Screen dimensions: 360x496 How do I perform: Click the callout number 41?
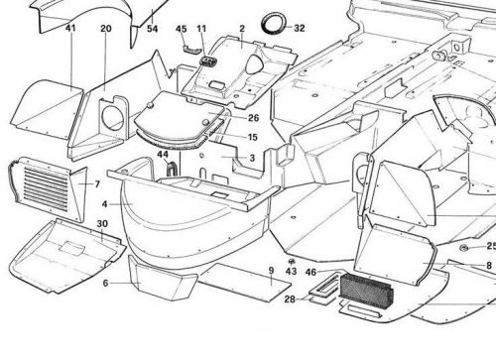point(70,29)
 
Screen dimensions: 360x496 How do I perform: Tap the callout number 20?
point(105,29)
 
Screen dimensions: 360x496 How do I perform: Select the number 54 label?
point(153,29)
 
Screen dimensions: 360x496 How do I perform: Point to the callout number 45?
point(181,29)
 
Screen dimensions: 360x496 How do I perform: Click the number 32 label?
point(300,29)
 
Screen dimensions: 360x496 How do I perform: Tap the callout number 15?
point(254,137)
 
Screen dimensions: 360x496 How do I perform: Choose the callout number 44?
point(162,154)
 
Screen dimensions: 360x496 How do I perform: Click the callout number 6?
point(105,284)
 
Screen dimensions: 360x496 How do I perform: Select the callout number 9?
point(270,271)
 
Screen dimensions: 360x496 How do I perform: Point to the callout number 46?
point(310,271)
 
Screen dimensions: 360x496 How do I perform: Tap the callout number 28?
point(289,299)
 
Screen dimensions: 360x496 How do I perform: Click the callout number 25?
point(489,246)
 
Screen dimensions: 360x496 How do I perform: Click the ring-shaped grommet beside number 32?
point(271,23)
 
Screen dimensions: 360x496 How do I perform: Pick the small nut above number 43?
point(290,260)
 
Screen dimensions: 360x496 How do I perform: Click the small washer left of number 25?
point(464,247)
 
